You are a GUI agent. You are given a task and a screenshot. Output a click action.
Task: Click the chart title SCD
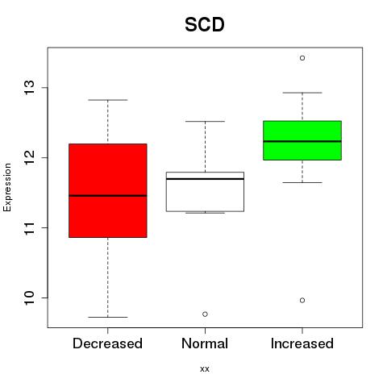click(205, 25)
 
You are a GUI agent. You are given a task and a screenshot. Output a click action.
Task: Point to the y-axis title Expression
click(7, 187)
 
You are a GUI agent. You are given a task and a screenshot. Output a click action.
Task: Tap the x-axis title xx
click(205, 369)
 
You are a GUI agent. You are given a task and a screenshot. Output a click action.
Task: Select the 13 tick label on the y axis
click(29, 87)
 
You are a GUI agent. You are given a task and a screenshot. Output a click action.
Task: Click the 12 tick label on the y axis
click(29, 157)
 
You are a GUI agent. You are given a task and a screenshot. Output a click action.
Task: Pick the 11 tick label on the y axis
click(29, 227)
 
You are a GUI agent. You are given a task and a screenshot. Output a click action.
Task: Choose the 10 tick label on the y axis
click(29, 298)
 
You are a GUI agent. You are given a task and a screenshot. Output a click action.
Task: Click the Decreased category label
click(107, 343)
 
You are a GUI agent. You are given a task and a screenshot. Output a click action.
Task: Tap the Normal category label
click(205, 343)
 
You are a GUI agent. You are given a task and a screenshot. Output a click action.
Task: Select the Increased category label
click(302, 343)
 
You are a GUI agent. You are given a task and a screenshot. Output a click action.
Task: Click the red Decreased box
click(108, 190)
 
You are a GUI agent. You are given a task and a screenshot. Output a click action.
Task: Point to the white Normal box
click(205, 192)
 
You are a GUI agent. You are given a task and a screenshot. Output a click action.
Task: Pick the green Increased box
click(302, 140)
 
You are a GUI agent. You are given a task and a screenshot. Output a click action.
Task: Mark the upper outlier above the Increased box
click(302, 58)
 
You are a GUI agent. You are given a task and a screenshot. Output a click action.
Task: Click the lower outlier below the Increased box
click(302, 300)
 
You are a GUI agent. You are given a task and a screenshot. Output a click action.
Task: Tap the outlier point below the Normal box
click(205, 314)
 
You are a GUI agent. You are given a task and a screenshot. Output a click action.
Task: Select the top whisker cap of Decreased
click(108, 100)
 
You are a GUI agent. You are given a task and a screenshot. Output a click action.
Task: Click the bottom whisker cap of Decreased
click(108, 317)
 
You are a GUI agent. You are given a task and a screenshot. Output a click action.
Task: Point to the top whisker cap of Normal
click(205, 122)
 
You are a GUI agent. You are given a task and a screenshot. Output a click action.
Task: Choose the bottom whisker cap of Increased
click(302, 182)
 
